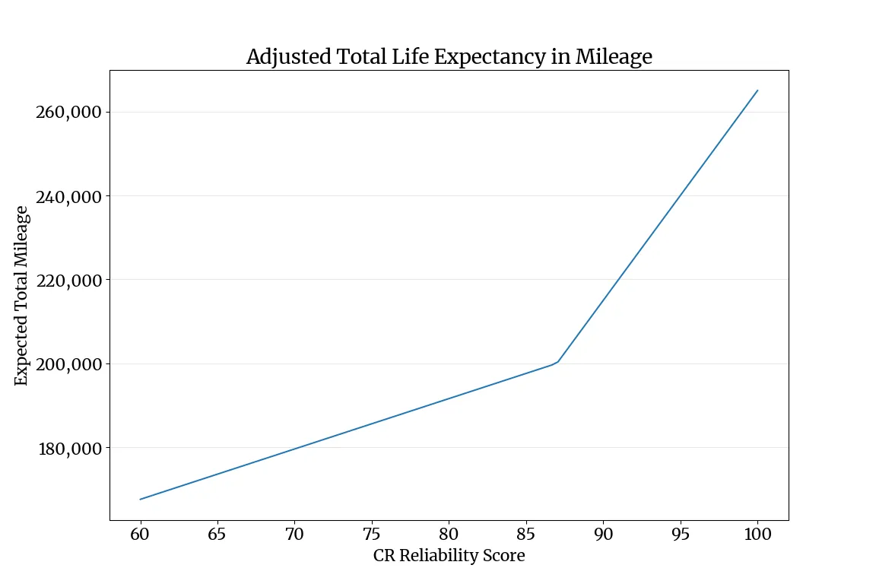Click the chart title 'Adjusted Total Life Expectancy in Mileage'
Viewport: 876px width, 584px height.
pyautogui.click(x=449, y=57)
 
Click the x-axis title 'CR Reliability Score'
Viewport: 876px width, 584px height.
pyautogui.click(x=449, y=556)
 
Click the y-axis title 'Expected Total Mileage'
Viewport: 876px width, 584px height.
pyautogui.click(x=22, y=295)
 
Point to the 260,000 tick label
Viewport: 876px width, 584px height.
pyautogui.click(x=68, y=113)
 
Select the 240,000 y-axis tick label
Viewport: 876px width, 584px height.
pyautogui.click(x=68, y=196)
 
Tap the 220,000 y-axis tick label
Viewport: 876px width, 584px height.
pyautogui.click(x=68, y=280)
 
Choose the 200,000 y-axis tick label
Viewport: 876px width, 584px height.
pyautogui.click(x=68, y=364)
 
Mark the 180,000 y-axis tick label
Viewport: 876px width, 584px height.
pyautogui.click(x=68, y=448)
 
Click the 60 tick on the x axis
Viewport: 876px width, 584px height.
pyautogui.click(x=141, y=534)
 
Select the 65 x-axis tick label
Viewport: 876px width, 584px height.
pyautogui.click(x=217, y=534)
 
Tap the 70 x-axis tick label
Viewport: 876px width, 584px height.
pyautogui.click(x=294, y=534)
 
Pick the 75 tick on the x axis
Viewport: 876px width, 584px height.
pyautogui.click(x=372, y=534)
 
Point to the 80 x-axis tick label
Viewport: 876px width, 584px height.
pyautogui.click(x=449, y=534)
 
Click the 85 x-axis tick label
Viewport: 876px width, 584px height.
pyautogui.click(x=526, y=534)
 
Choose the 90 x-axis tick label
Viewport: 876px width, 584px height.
pyautogui.click(x=603, y=534)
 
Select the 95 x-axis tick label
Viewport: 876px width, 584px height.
pyautogui.click(x=681, y=534)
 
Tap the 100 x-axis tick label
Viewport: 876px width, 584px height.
pyautogui.click(x=757, y=534)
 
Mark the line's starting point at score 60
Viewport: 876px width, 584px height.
pyautogui.click(x=141, y=499)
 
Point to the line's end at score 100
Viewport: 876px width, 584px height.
pyautogui.click(x=757, y=90)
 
